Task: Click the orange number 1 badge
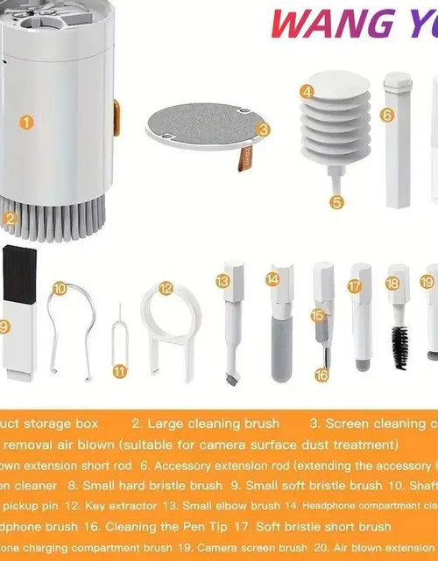click(27, 123)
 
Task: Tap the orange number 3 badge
click(264, 129)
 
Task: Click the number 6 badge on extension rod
click(387, 115)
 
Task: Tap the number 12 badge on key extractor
click(166, 287)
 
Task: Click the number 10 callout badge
click(59, 287)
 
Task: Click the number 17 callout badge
click(354, 285)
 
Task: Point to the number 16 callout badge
click(321, 375)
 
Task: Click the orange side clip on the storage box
click(116, 117)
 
